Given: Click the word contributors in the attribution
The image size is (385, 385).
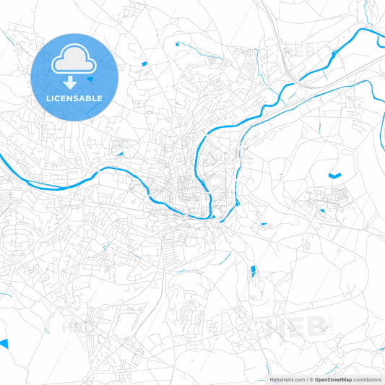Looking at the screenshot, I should pyautogui.click(x=368, y=379).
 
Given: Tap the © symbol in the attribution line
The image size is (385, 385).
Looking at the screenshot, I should pyautogui.click(x=309, y=379).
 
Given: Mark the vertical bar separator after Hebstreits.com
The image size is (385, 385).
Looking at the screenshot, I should pyautogui.click(x=305, y=379).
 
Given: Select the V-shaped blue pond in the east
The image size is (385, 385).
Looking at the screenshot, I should pyautogui.click(x=334, y=175).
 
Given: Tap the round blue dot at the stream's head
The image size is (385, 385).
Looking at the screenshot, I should pyautogui.click(x=177, y=44).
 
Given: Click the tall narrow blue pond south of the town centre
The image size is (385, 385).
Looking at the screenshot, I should pyautogui.click(x=252, y=272).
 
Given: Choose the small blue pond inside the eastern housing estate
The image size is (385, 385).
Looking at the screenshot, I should pyautogui.click(x=322, y=211).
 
